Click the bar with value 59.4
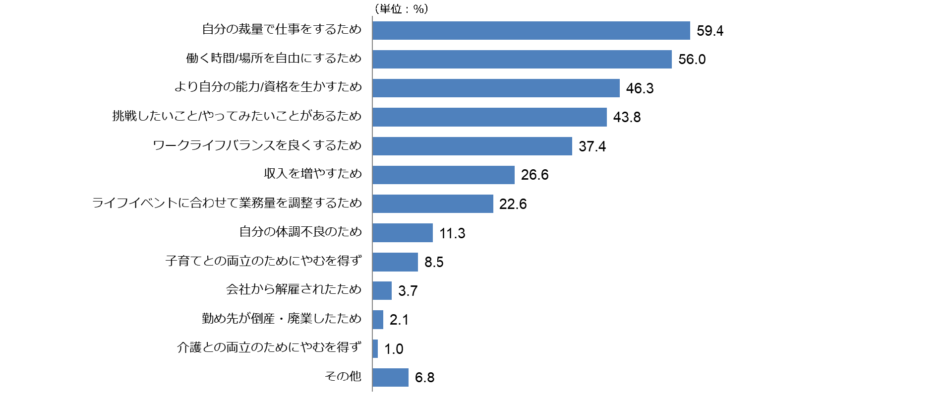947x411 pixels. (531, 30)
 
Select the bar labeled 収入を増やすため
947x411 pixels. (443, 175)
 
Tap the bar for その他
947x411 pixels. (390, 377)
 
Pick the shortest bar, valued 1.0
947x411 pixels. (375, 348)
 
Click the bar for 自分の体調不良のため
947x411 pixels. (403, 233)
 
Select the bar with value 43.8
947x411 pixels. (489, 117)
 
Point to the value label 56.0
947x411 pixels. (692, 60)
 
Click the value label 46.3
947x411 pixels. (640, 88)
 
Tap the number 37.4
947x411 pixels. (592, 146)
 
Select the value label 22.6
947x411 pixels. (513, 204)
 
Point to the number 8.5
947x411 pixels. (434, 262)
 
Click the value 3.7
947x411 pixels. (408, 291)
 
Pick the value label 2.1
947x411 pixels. (399, 320)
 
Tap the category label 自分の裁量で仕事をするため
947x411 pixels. (282, 29)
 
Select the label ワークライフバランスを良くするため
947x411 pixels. (257, 145)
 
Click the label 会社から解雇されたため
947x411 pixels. (294, 289)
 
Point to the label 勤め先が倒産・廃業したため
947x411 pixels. (282, 319)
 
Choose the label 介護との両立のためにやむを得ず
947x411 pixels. (269, 347)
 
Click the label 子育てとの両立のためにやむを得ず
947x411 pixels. (263, 261)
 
